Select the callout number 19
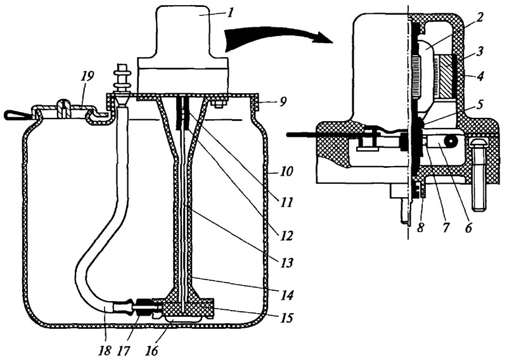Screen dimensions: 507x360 click(87, 77)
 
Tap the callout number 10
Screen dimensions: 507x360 click(287, 170)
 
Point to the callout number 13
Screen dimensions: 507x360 click(286, 262)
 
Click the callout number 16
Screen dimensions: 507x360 click(151, 350)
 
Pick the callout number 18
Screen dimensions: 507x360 click(105, 350)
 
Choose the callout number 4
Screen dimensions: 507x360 click(480, 76)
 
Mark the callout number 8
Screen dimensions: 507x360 click(420, 227)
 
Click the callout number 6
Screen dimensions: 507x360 click(468, 227)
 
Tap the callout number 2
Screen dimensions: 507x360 click(479, 17)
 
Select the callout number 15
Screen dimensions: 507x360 click(286, 318)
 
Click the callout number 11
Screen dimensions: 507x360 click(286, 202)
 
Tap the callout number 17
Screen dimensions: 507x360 click(124, 350)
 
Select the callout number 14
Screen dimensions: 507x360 click(287, 295)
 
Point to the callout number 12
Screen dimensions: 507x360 click(286, 235)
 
